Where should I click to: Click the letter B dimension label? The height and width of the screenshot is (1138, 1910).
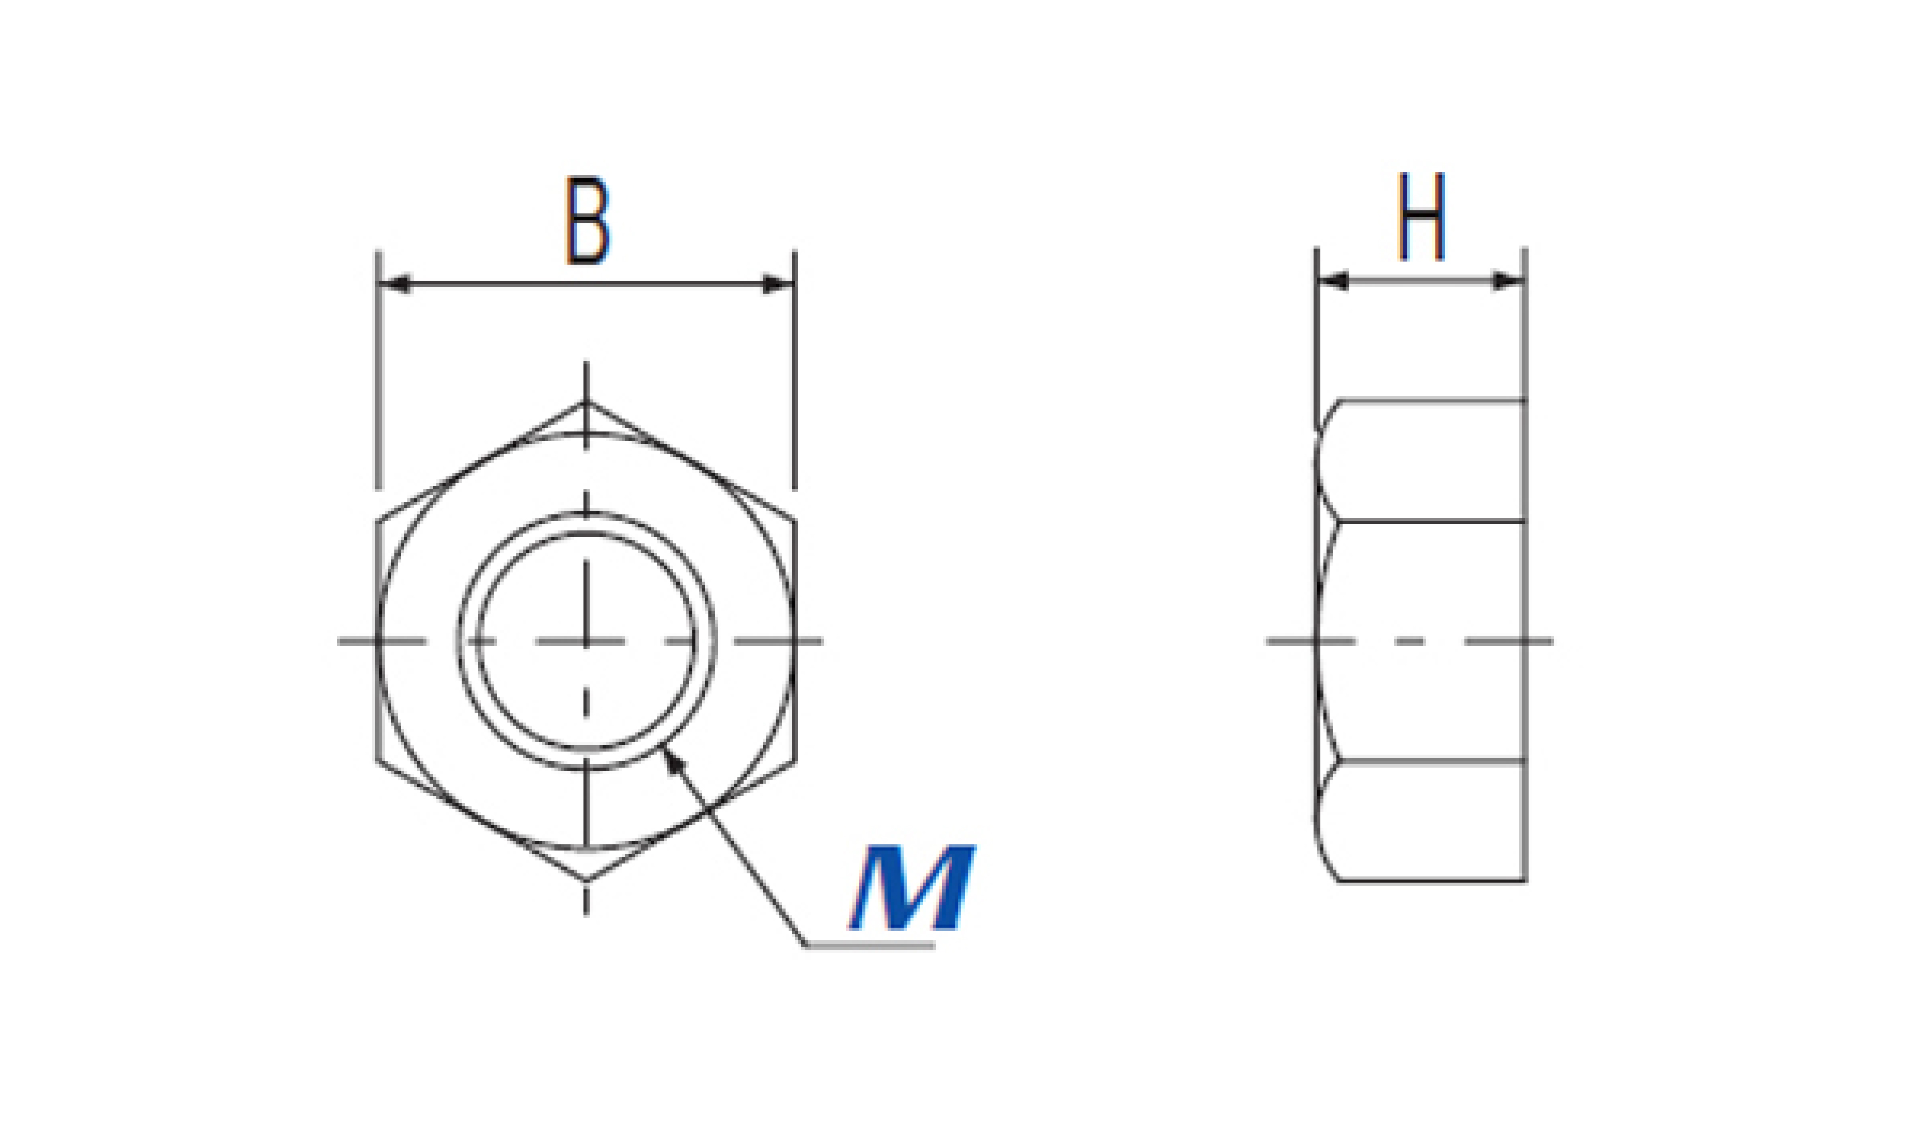click(x=588, y=221)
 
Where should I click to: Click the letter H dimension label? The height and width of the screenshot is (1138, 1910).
click(x=1422, y=216)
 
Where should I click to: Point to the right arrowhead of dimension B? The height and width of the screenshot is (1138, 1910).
click(x=777, y=284)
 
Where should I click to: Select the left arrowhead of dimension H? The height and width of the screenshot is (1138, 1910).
click(x=1332, y=281)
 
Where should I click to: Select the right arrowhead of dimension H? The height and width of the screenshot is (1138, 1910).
click(x=1507, y=281)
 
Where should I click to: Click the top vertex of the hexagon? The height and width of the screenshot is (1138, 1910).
click(x=587, y=402)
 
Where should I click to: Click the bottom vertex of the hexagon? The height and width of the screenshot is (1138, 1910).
click(x=587, y=880)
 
